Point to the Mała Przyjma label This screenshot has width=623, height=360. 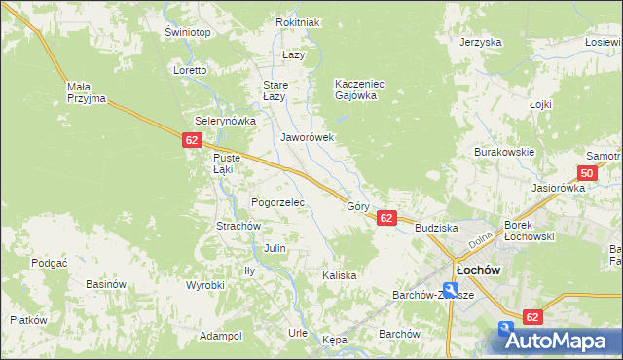click(86, 92)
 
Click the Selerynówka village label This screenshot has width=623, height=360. click(225, 121)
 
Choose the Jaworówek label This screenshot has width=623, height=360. click(308, 137)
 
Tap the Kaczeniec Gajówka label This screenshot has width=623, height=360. click(360, 90)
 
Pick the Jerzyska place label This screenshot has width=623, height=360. click(480, 42)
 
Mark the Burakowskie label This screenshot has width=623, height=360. click(504, 153)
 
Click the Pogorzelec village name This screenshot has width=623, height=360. click(278, 202)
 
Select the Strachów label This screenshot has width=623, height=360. click(238, 226)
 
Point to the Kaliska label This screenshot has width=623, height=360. click(339, 275)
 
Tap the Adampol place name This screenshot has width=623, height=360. click(220, 336)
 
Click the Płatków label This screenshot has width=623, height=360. click(28, 320)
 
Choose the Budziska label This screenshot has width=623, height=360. click(435, 228)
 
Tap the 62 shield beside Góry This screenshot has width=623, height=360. click(386, 218)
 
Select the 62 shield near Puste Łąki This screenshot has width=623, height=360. click(191, 141)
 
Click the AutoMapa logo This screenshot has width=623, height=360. click(557, 341)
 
